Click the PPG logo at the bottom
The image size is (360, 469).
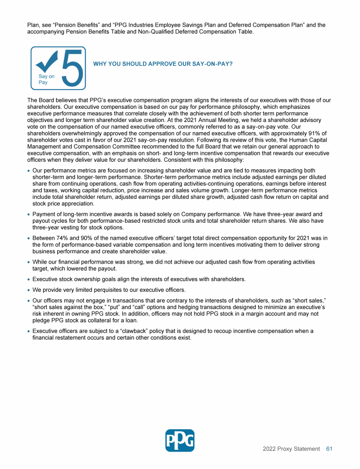click(180, 440)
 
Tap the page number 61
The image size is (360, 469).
click(329, 449)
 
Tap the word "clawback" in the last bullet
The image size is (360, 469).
click(128, 331)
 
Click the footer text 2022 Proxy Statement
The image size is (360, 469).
click(291, 449)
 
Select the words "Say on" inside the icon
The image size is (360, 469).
click(46, 76)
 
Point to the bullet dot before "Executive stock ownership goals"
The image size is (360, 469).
click(29, 280)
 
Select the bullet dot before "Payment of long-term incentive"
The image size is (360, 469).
click(29, 214)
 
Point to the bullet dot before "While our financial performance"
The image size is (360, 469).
click(29, 262)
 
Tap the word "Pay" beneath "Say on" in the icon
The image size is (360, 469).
click(43, 82)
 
